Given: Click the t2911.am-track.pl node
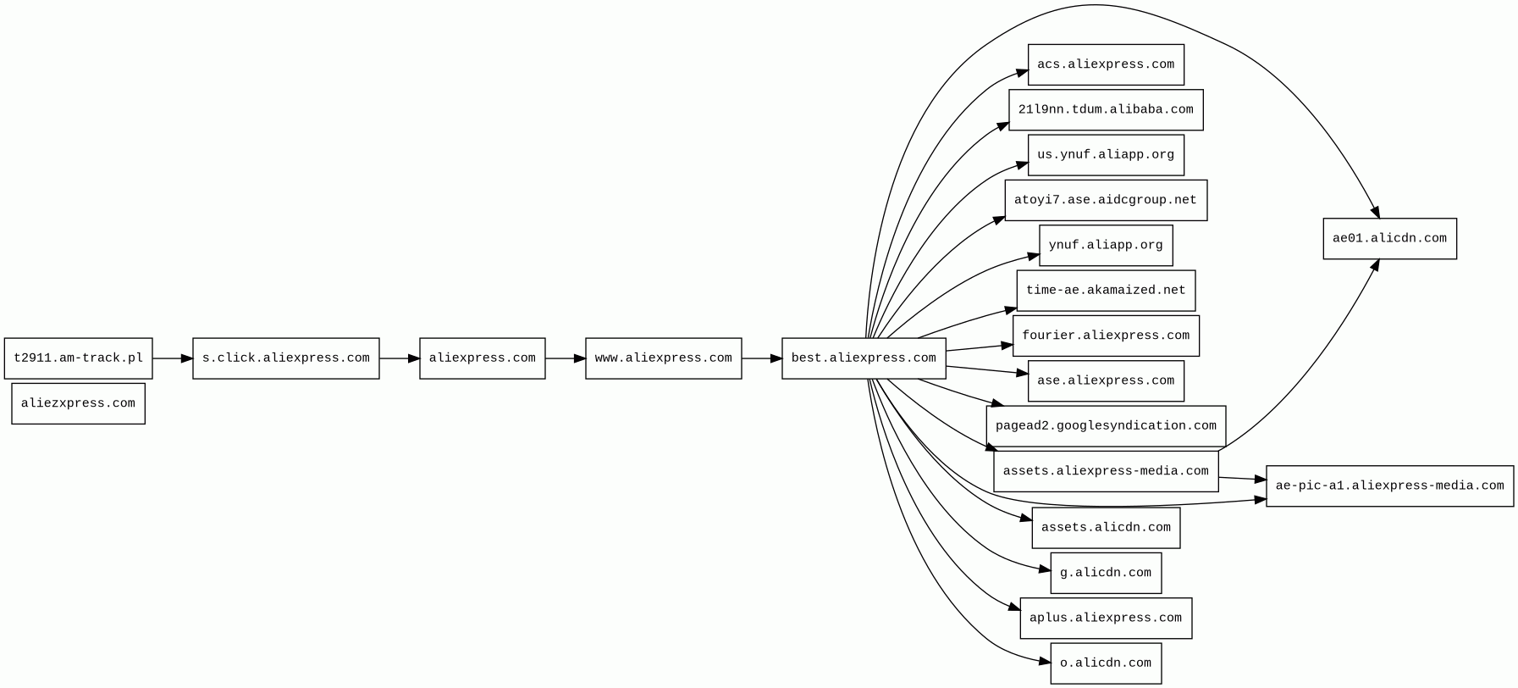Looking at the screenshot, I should tap(78, 358).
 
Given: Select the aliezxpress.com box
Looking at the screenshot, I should tap(78, 403).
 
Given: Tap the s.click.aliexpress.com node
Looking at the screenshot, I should tap(285, 358).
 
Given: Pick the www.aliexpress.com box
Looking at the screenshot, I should tap(663, 358).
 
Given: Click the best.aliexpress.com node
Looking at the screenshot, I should tap(864, 358).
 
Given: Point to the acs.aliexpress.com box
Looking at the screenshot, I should tap(1106, 64).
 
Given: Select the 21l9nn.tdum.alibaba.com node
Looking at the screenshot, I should tap(1106, 110).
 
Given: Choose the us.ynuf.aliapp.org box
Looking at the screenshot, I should tap(1106, 155).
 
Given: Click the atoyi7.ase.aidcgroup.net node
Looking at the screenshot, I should tap(1106, 200).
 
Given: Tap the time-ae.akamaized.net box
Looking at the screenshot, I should tap(1106, 291).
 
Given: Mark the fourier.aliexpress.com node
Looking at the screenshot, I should tap(1106, 336).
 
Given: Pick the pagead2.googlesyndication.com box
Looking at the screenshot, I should tap(1106, 426).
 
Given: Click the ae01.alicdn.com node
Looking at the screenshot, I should tap(1389, 239).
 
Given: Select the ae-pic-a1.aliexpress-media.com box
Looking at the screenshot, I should tap(1389, 486).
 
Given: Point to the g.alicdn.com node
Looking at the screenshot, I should tap(1106, 574).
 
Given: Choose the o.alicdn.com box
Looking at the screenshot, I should tap(1106, 663).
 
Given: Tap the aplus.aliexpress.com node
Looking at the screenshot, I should tap(1106, 619).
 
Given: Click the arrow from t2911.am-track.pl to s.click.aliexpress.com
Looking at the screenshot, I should tap(173, 358).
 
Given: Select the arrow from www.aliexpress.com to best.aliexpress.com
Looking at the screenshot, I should tap(761, 358).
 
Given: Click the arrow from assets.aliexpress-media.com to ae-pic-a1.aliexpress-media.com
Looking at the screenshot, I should tap(1242, 479).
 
